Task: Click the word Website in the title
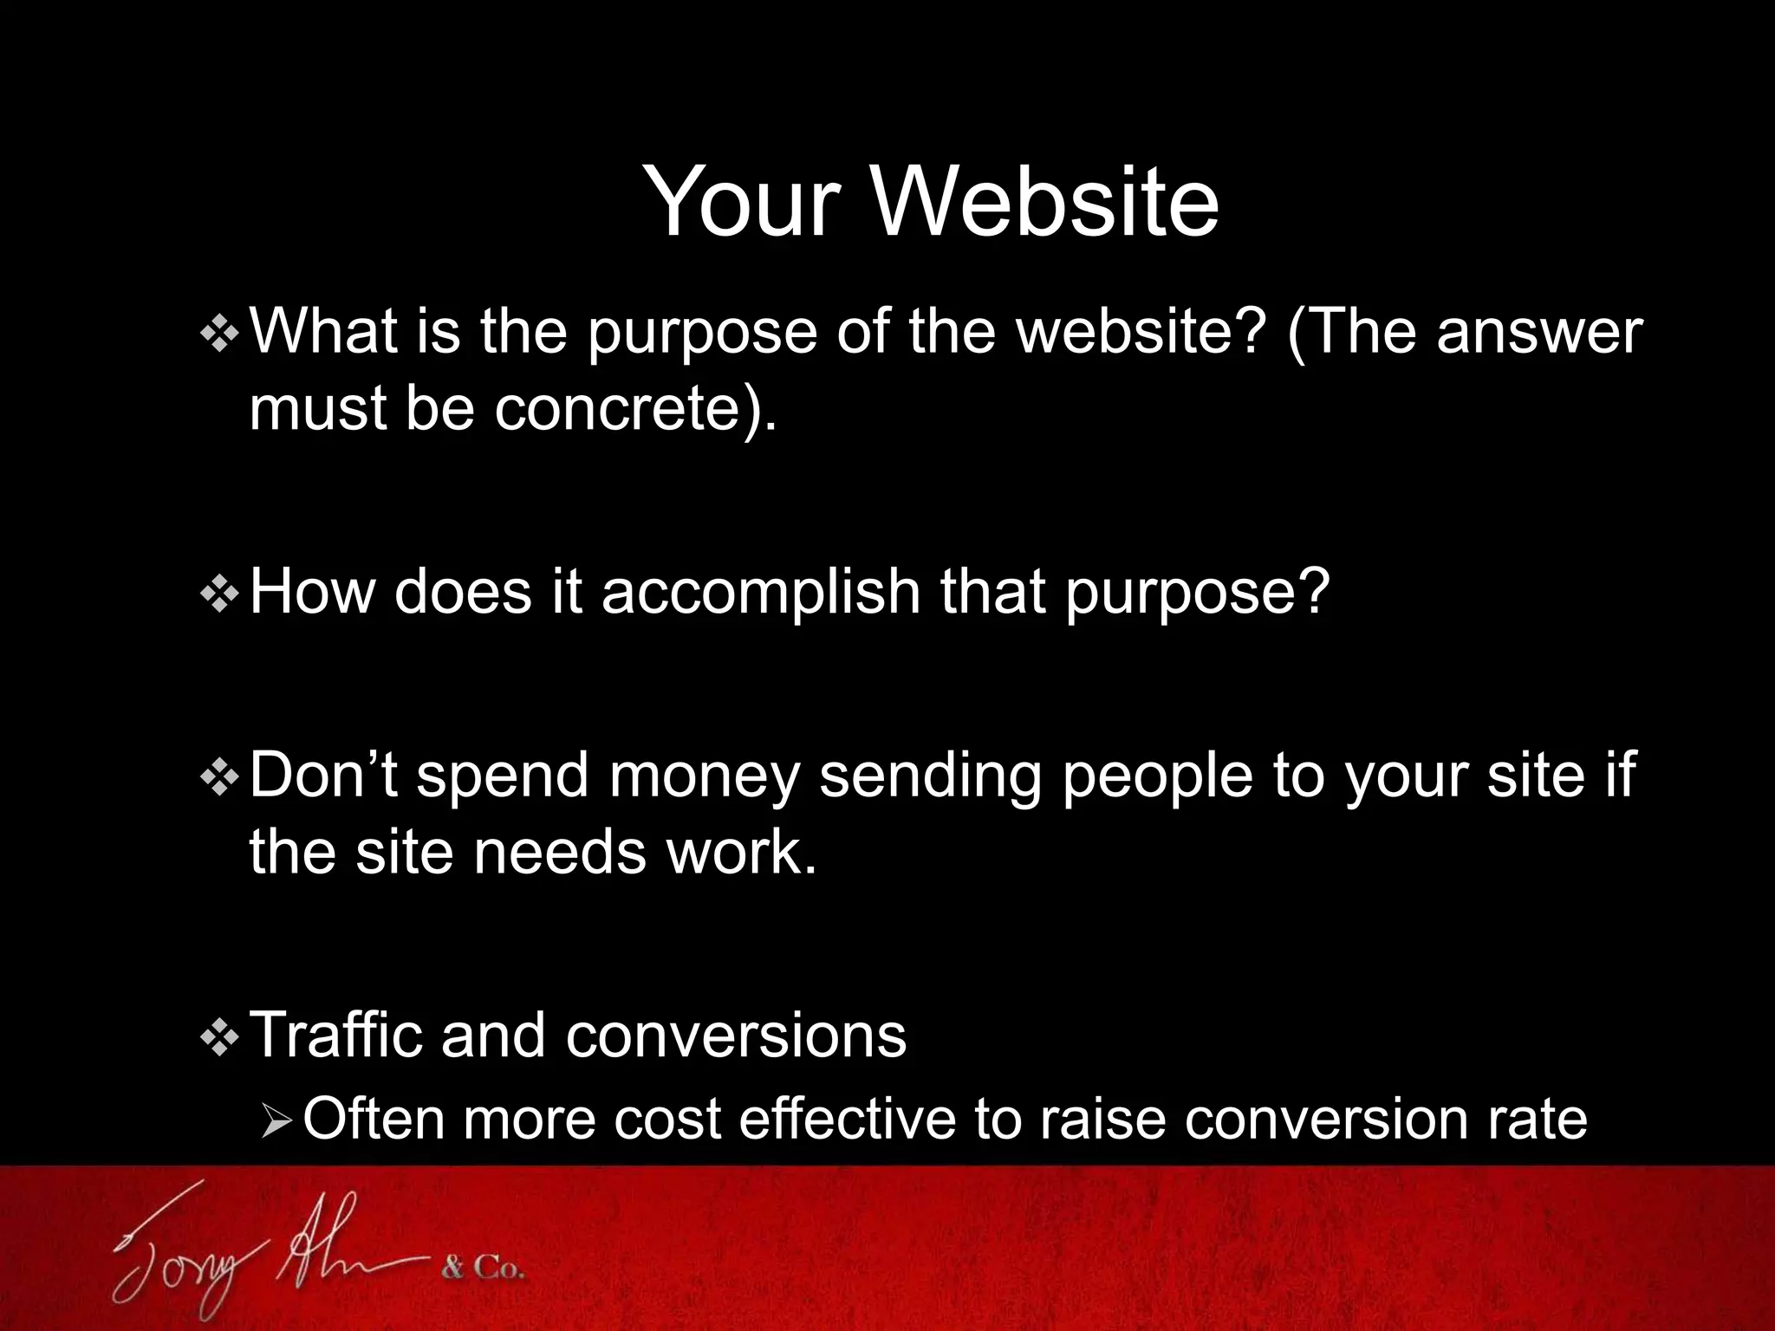tap(1044, 202)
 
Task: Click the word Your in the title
tap(741, 202)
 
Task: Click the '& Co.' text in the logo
tap(483, 1269)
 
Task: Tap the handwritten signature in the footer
tap(260, 1248)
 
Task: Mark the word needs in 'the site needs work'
tap(560, 853)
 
